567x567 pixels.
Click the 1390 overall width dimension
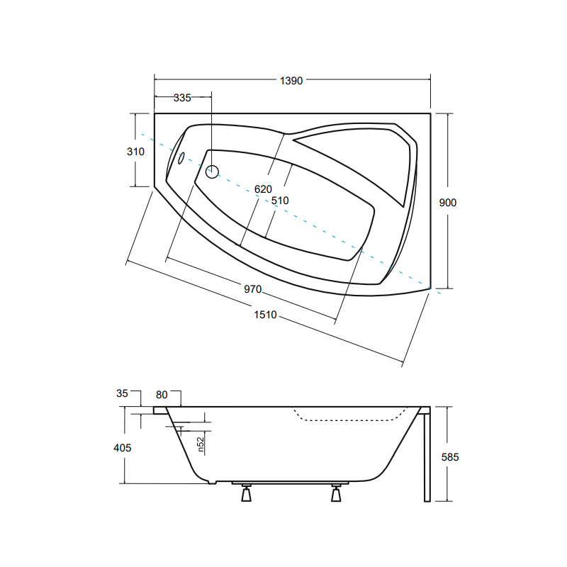[x=291, y=81]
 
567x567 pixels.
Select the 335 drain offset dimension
[x=182, y=98]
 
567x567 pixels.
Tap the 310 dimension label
[x=135, y=152]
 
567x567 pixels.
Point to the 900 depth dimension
[x=448, y=203]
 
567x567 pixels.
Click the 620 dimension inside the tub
[x=263, y=189]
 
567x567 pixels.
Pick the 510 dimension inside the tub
[x=280, y=201]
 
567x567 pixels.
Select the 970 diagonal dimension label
[x=252, y=289]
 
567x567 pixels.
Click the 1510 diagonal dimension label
[x=265, y=315]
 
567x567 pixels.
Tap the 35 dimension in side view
[x=122, y=393]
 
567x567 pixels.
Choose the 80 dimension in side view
[x=162, y=395]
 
